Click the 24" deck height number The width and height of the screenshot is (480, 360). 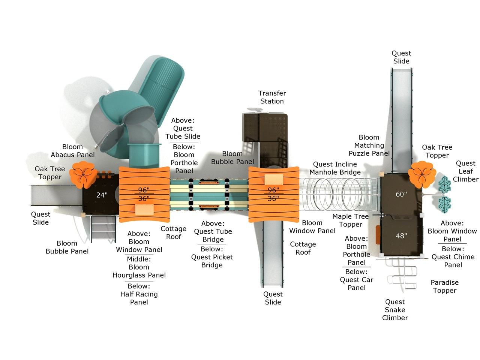(x=102, y=195)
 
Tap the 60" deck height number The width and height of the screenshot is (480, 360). (x=401, y=194)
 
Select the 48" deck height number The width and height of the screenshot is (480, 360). (x=401, y=236)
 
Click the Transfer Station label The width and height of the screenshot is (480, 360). (x=272, y=97)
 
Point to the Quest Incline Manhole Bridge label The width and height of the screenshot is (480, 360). (x=335, y=168)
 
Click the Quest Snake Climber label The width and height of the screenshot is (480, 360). (x=395, y=310)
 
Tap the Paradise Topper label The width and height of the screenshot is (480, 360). (x=444, y=286)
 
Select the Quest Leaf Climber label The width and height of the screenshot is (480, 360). (x=465, y=171)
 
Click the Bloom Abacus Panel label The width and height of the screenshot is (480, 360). (x=73, y=151)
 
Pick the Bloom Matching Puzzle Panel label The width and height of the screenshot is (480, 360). (x=369, y=145)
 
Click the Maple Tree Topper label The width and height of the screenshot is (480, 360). (x=350, y=220)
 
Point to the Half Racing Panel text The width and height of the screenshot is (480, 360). (x=139, y=298)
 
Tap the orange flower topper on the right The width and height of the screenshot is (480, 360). (x=422, y=174)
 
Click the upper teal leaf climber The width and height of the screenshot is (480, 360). (x=445, y=184)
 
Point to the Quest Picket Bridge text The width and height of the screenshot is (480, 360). (x=212, y=261)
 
